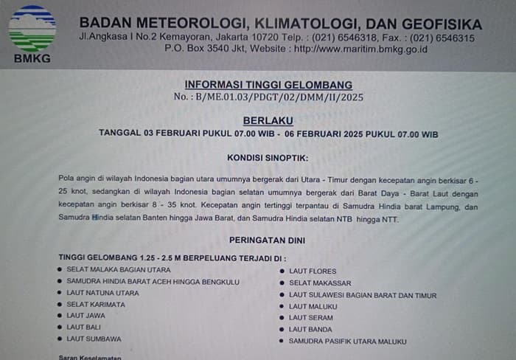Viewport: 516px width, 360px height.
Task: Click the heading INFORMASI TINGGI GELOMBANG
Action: click(x=268, y=85)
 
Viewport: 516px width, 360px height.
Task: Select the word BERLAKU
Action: click(x=268, y=120)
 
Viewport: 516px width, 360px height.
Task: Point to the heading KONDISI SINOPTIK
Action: click(x=268, y=157)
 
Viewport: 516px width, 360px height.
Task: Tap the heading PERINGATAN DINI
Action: click(x=268, y=240)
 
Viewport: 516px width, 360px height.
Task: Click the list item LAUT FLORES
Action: click(x=313, y=271)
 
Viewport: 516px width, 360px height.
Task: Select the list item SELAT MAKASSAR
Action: click(x=320, y=283)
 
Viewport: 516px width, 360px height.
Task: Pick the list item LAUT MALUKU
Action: click(x=313, y=306)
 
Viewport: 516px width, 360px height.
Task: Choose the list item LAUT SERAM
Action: click(x=312, y=317)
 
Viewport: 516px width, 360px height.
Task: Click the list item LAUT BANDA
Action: click(x=312, y=329)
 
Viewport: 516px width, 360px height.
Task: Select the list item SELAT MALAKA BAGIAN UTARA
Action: click(x=119, y=270)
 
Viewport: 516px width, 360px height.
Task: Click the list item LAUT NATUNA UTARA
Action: click(x=102, y=293)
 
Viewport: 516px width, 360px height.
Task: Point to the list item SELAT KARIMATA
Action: click(x=95, y=304)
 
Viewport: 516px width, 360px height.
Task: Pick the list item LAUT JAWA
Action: click(x=86, y=316)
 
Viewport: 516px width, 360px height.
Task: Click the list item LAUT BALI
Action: click(x=84, y=327)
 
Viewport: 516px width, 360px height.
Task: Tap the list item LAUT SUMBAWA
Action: click(x=94, y=339)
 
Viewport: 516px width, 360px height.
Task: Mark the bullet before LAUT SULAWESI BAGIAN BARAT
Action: click(x=282, y=295)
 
